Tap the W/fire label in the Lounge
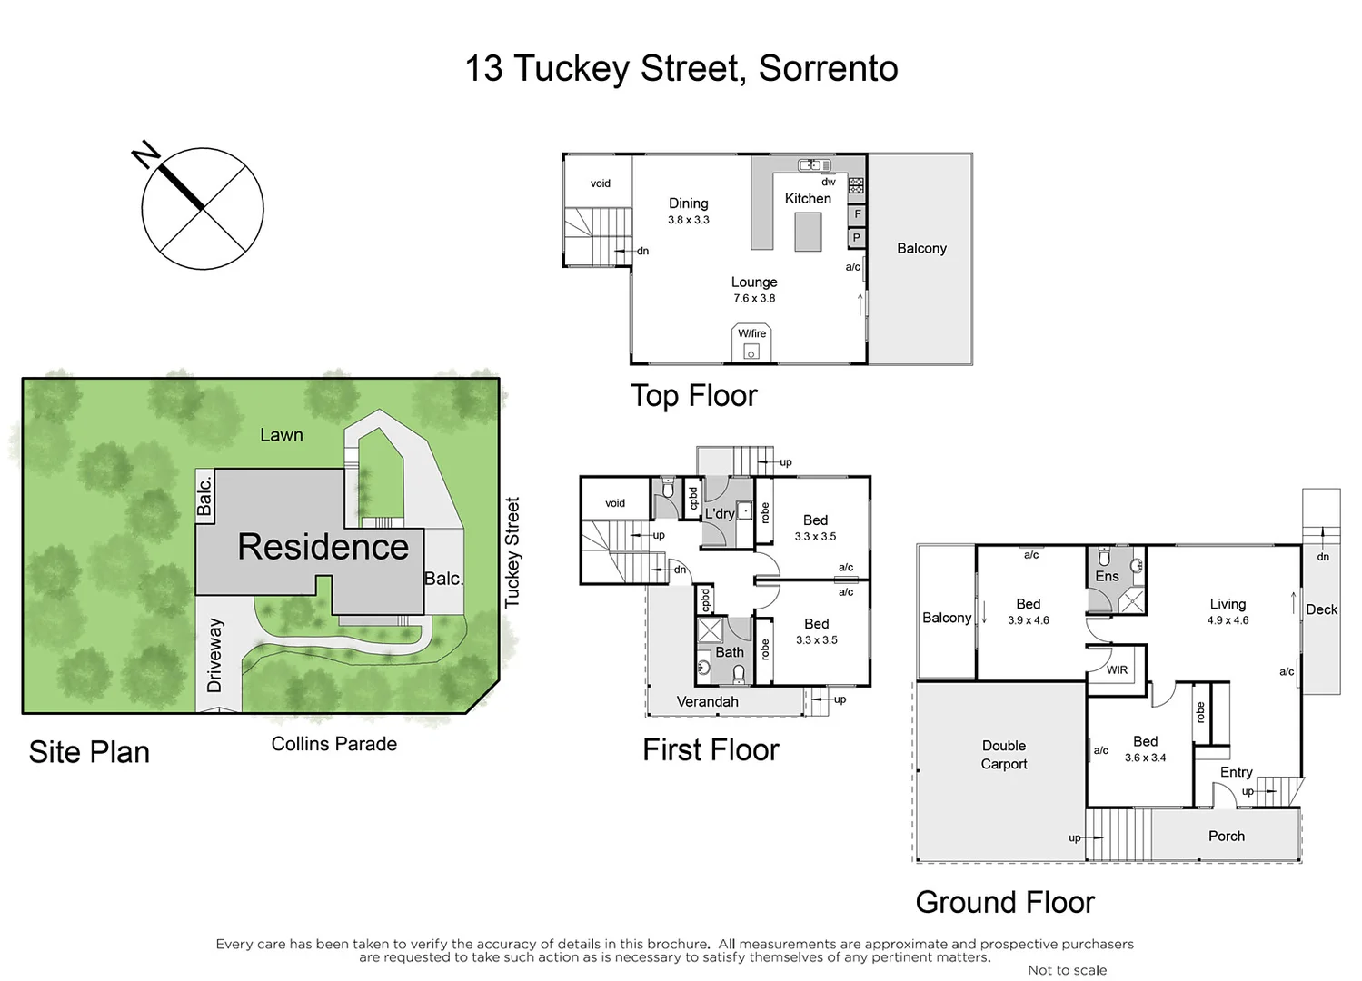(751, 333)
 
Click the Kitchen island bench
(808, 231)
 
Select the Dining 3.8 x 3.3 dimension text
(689, 220)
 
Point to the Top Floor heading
(693, 396)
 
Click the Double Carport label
(1004, 755)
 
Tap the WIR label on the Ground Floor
(1118, 670)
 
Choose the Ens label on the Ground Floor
(1107, 576)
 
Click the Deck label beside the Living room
(1321, 609)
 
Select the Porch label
(1227, 836)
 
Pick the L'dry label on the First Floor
(720, 514)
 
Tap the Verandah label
(707, 701)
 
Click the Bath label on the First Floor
(730, 652)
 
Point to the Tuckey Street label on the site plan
(512, 552)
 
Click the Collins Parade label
(334, 744)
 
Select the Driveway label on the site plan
(214, 655)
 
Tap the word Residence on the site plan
(323, 547)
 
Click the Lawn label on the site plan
(282, 435)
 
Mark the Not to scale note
(1067, 970)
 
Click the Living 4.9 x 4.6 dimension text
(1228, 620)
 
